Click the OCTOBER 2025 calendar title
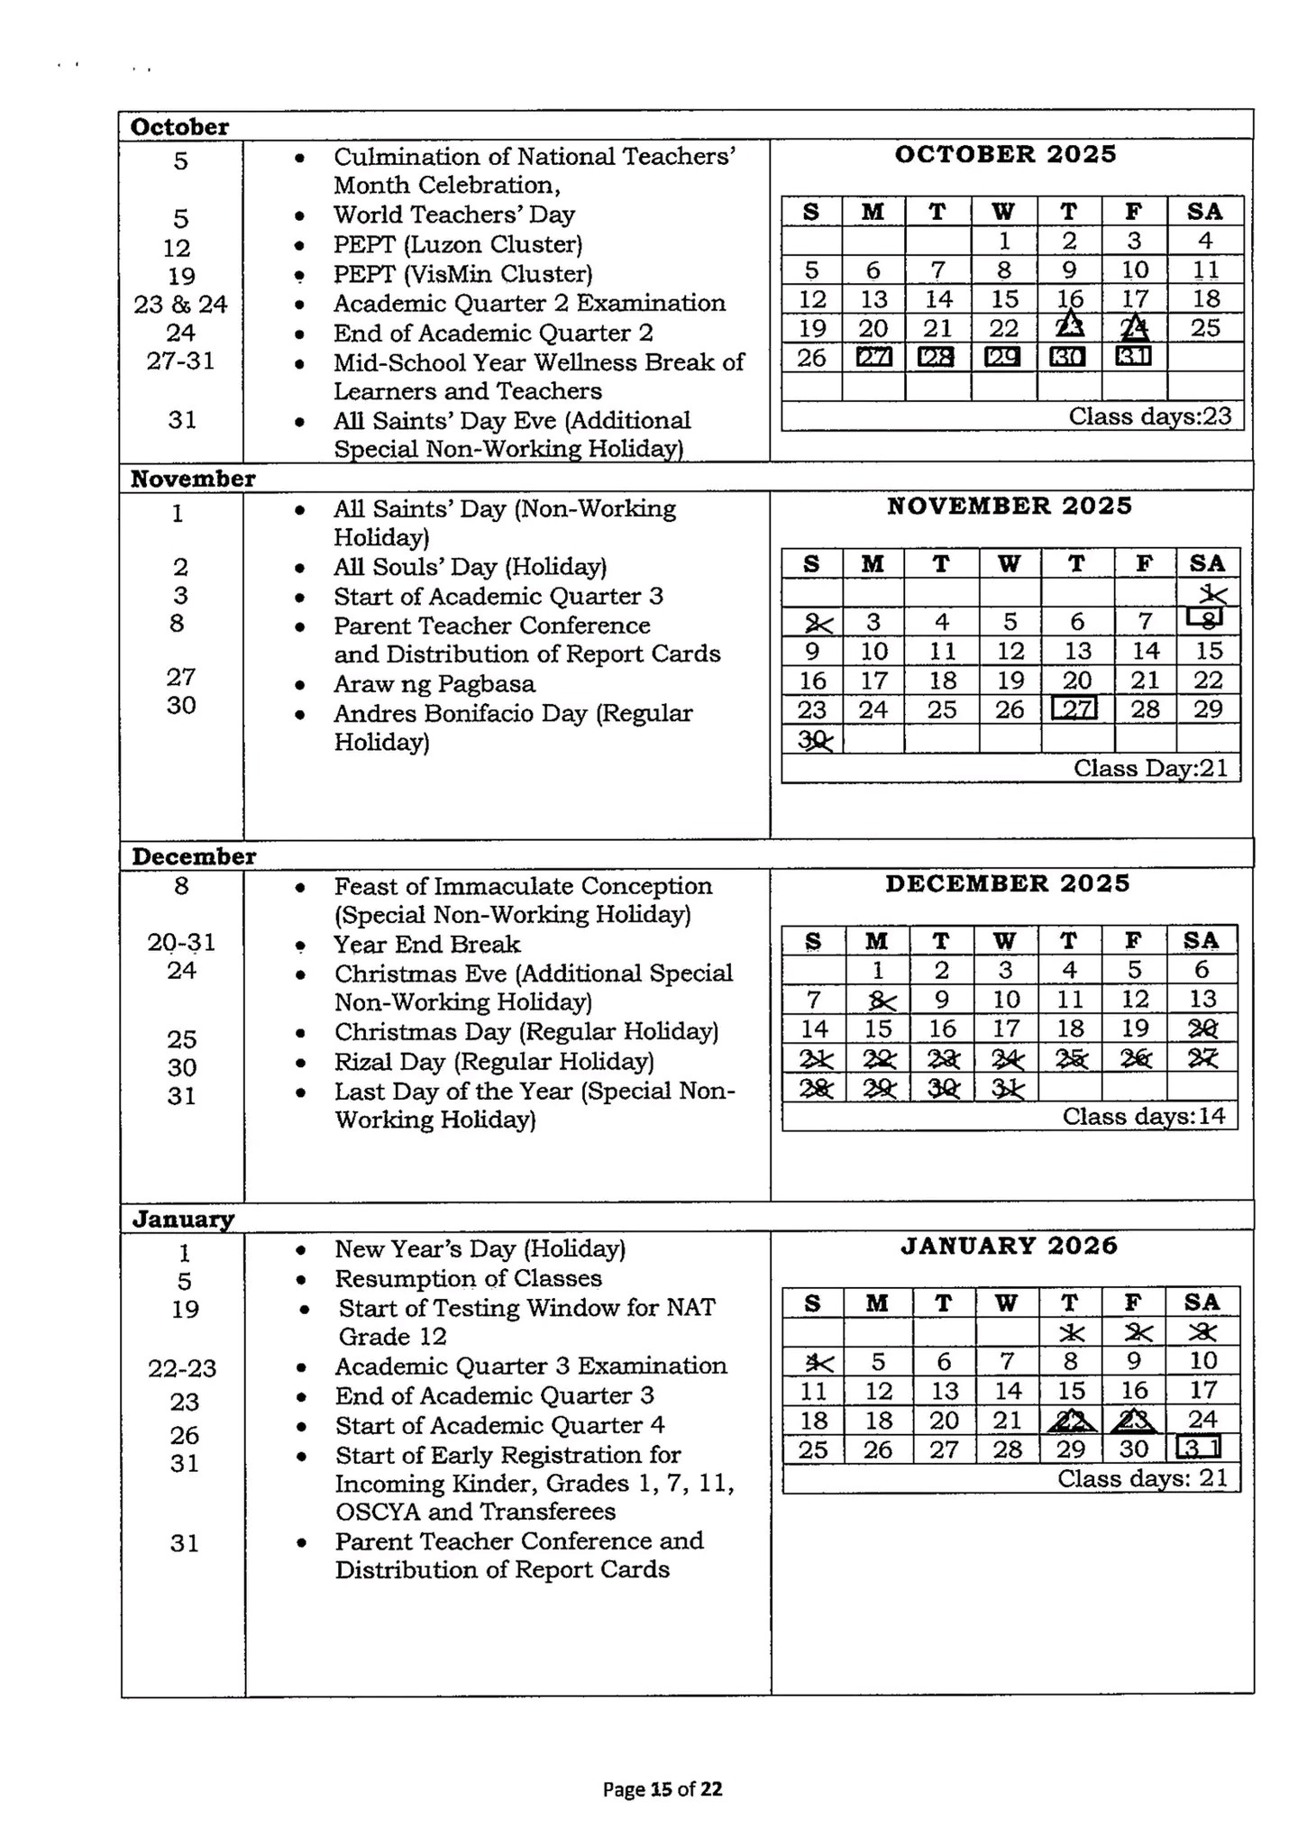[x=1005, y=154]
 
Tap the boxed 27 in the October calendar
[x=873, y=357]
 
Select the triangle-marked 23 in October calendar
[x=1070, y=326]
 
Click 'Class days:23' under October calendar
[x=1149, y=416]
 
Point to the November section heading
[x=193, y=478]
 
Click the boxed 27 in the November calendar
[x=1075, y=709]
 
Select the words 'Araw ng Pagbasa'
[x=434, y=683]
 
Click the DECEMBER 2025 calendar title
[x=1007, y=883]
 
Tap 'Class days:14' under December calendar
[x=1144, y=1116]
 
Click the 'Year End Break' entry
[x=427, y=944]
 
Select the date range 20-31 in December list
[x=181, y=942]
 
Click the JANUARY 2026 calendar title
[x=1009, y=1246]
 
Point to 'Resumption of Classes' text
[x=468, y=1278]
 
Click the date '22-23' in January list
[x=182, y=1368]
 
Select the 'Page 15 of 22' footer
[x=663, y=1789]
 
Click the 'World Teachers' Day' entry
[x=454, y=215]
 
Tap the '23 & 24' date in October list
[x=180, y=304]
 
